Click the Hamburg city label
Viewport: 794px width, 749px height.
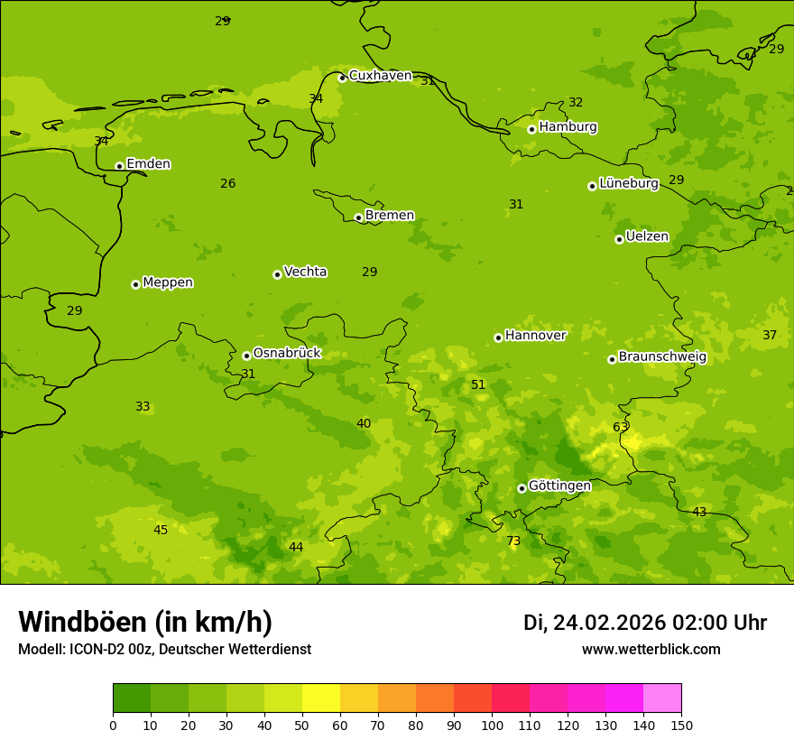click(x=568, y=127)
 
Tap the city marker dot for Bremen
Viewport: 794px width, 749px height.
click(x=358, y=217)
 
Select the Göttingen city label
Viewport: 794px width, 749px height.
click(x=559, y=485)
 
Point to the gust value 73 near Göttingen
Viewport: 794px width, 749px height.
click(x=513, y=541)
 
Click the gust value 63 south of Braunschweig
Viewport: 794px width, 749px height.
click(x=621, y=428)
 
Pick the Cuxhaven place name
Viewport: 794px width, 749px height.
click(x=380, y=76)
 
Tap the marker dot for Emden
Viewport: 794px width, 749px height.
click(x=119, y=166)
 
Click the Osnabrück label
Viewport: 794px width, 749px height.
click(x=287, y=354)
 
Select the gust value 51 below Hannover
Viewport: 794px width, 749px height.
click(x=478, y=385)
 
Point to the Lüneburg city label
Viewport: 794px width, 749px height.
click(x=628, y=183)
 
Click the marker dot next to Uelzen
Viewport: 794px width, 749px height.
click(x=619, y=239)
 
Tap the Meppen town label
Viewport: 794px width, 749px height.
click(x=168, y=282)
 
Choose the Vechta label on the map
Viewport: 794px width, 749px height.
click(x=305, y=272)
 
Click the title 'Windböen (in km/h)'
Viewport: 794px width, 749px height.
click(x=145, y=622)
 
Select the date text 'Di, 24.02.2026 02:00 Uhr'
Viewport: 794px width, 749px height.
click(x=645, y=623)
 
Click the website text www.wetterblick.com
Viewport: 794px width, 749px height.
click(x=651, y=650)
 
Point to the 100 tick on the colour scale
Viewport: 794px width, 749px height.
click(x=492, y=725)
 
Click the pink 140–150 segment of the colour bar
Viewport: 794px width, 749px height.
click(x=662, y=698)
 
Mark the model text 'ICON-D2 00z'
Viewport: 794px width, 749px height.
click(x=112, y=650)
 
